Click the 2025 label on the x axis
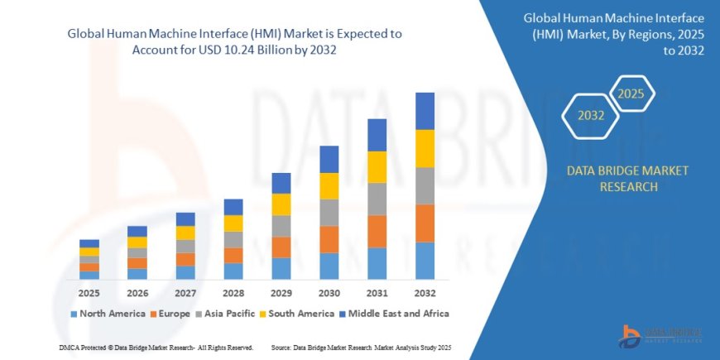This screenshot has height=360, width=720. pyautogui.click(x=89, y=294)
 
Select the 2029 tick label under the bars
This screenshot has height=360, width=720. pyautogui.click(x=281, y=294)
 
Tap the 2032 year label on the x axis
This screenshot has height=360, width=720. pyautogui.click(x=425, y=294)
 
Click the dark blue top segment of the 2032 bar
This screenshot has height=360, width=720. pyautogui.click(x=425, y=111)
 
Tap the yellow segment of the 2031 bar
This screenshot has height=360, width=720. pyautogui.click(x=377, y=167)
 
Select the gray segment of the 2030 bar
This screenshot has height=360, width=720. pyautogui.click(x=329, y=213)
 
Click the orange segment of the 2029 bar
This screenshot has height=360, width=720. pyautogui.click(x=281, y=247)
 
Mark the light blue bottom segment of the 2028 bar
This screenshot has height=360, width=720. pyautogui.click(x=233, y=271)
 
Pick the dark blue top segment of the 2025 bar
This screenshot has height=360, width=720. pyautogui.click(x=89, y=243)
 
